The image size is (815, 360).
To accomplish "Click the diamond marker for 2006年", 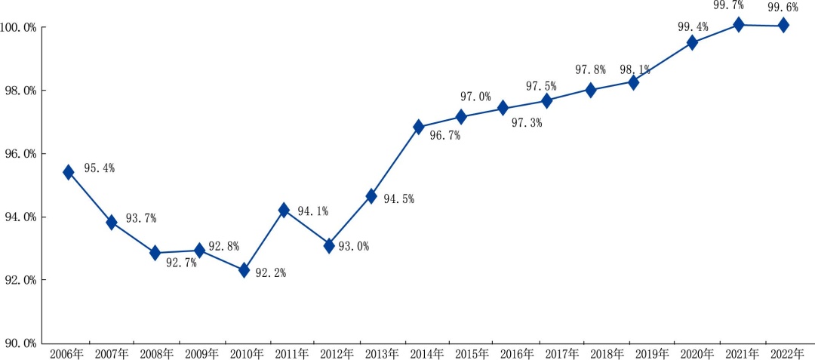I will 69,172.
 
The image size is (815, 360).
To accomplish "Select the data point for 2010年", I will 244,269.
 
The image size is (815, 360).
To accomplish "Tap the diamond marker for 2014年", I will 419,127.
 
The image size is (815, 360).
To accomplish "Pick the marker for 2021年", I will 739,25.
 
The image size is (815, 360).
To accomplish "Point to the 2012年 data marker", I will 329,245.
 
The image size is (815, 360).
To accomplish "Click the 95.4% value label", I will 99,168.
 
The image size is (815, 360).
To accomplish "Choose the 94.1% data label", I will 312,211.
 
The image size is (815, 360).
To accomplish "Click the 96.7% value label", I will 444,137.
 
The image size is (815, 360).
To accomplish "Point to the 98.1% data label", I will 634,69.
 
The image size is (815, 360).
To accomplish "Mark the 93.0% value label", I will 353,247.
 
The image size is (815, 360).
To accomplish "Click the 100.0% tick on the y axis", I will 20,28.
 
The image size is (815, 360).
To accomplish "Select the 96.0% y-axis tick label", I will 20,154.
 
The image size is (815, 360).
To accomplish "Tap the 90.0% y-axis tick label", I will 20,343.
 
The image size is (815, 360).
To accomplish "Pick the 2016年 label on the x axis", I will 506,353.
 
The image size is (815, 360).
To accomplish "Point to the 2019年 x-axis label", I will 652,353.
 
